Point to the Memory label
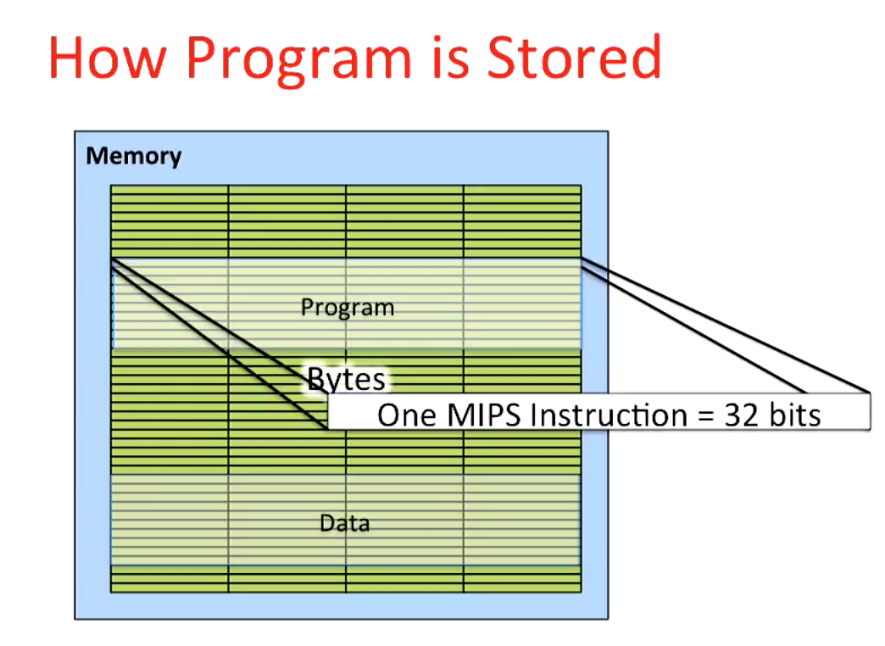pos(134,157)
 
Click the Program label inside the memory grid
pos(348,307)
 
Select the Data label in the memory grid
pos(345,523)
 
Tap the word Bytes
pos(346,379)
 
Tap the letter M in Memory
pos(96,157)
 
